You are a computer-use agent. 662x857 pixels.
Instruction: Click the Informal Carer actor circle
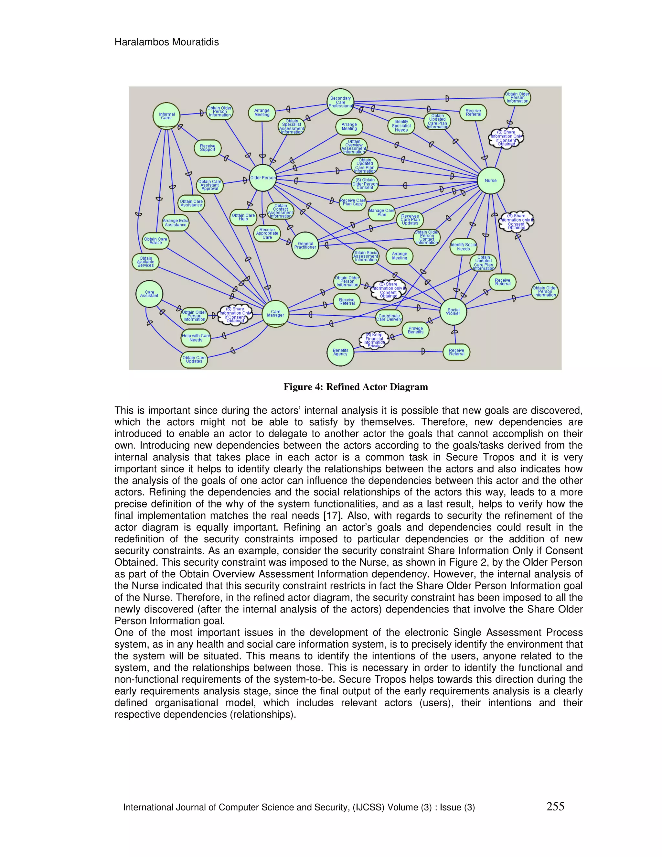click(166, 116)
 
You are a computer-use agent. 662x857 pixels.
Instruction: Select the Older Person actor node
click(263, 178)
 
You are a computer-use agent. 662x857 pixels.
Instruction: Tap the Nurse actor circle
click(491, 180)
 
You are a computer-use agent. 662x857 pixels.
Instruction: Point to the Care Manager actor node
click(275, 313)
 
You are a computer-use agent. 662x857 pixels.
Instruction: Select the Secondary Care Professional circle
click(340, 102)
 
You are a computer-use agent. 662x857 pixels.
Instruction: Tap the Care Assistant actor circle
click(149, 294)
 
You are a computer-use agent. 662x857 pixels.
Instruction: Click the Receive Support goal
click(208, 148)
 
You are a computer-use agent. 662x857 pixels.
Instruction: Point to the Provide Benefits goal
click(416, 330)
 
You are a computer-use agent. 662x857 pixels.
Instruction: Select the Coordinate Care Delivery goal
click(389, 318)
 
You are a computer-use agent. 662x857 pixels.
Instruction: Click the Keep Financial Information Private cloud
click(374, 340)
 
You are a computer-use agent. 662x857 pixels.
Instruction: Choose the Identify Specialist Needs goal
click(401, 126)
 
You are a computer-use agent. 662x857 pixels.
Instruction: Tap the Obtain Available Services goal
click(145, 262)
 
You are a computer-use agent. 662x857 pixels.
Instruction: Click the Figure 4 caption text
click(356, 387)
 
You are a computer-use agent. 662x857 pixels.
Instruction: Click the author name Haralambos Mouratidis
click(167, 42)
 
